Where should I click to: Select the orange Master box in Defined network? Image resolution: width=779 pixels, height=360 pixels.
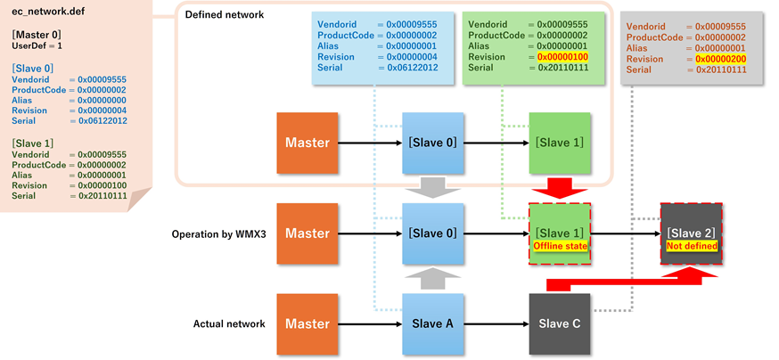coord(307,143)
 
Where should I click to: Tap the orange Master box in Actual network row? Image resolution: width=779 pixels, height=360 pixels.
coord(307,323)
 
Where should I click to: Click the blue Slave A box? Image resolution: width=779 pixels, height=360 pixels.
coord(432,323)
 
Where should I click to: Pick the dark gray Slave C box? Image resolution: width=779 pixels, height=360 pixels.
coord(560,323)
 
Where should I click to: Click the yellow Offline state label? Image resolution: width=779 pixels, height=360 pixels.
coord(560,246)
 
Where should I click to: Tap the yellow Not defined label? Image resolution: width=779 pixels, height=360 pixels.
coord(692,246)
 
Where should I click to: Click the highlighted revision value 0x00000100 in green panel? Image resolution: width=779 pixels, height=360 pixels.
coord(562,57)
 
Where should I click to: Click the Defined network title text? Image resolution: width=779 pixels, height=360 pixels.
coord(225,14)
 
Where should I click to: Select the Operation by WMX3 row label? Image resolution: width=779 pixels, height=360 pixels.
coord(218,234)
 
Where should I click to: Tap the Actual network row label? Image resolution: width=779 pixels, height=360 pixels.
coord(229,323)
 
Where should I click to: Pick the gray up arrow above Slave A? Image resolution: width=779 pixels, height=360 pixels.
coord(432,280)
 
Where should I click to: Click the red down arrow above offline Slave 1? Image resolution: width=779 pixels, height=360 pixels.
coord(560,187)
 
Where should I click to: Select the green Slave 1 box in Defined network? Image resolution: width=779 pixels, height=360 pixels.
coord(560,143)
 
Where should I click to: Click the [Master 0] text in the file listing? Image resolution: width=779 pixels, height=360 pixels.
coord(37,34)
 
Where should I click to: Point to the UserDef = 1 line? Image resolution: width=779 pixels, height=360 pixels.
coord(37,45)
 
